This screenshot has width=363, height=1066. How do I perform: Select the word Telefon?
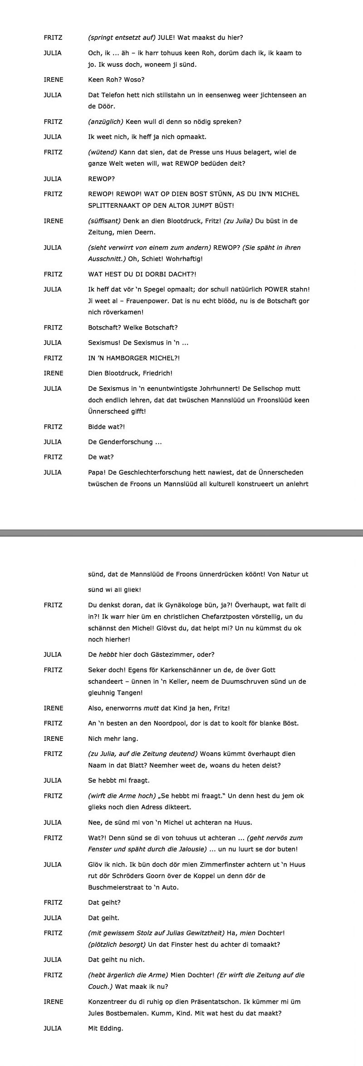point(111,95)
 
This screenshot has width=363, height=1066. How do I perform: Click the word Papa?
point(96,472)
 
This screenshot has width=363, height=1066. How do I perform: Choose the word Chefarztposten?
point(197,617)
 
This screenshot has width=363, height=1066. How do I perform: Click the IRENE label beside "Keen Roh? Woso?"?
point(53,79)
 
